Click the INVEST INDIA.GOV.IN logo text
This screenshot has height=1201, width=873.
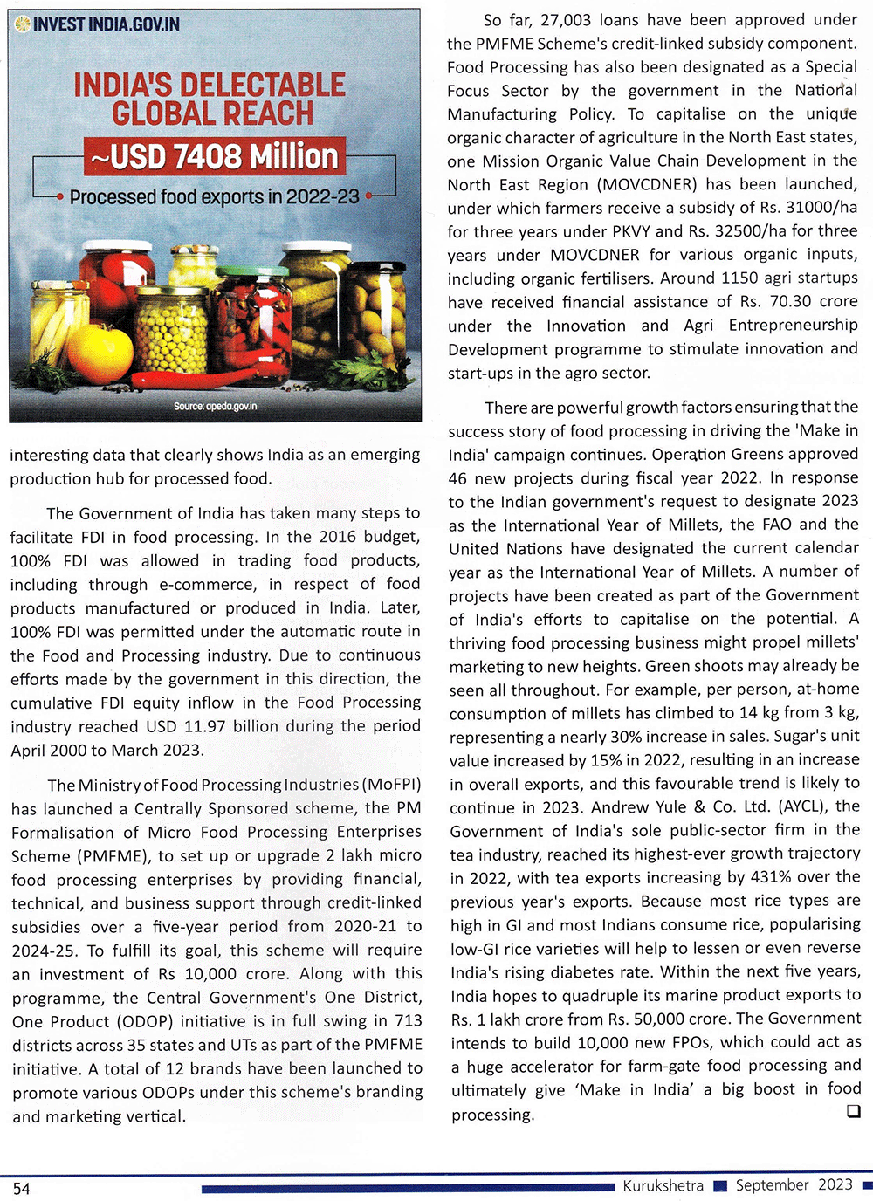(106, 24)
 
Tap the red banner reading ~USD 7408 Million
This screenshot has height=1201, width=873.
(215, 157)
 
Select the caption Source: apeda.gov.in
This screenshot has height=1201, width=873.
(215, 407)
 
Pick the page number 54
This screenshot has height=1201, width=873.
(21, 1189)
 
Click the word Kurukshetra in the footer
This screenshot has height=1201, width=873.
(663, 1185)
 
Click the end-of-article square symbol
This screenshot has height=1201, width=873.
(853, 1111)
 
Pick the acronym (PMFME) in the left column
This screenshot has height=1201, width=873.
(111, 856)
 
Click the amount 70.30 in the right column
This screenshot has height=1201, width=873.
(790, 302)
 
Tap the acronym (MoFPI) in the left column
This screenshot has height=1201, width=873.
(391, 785)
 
